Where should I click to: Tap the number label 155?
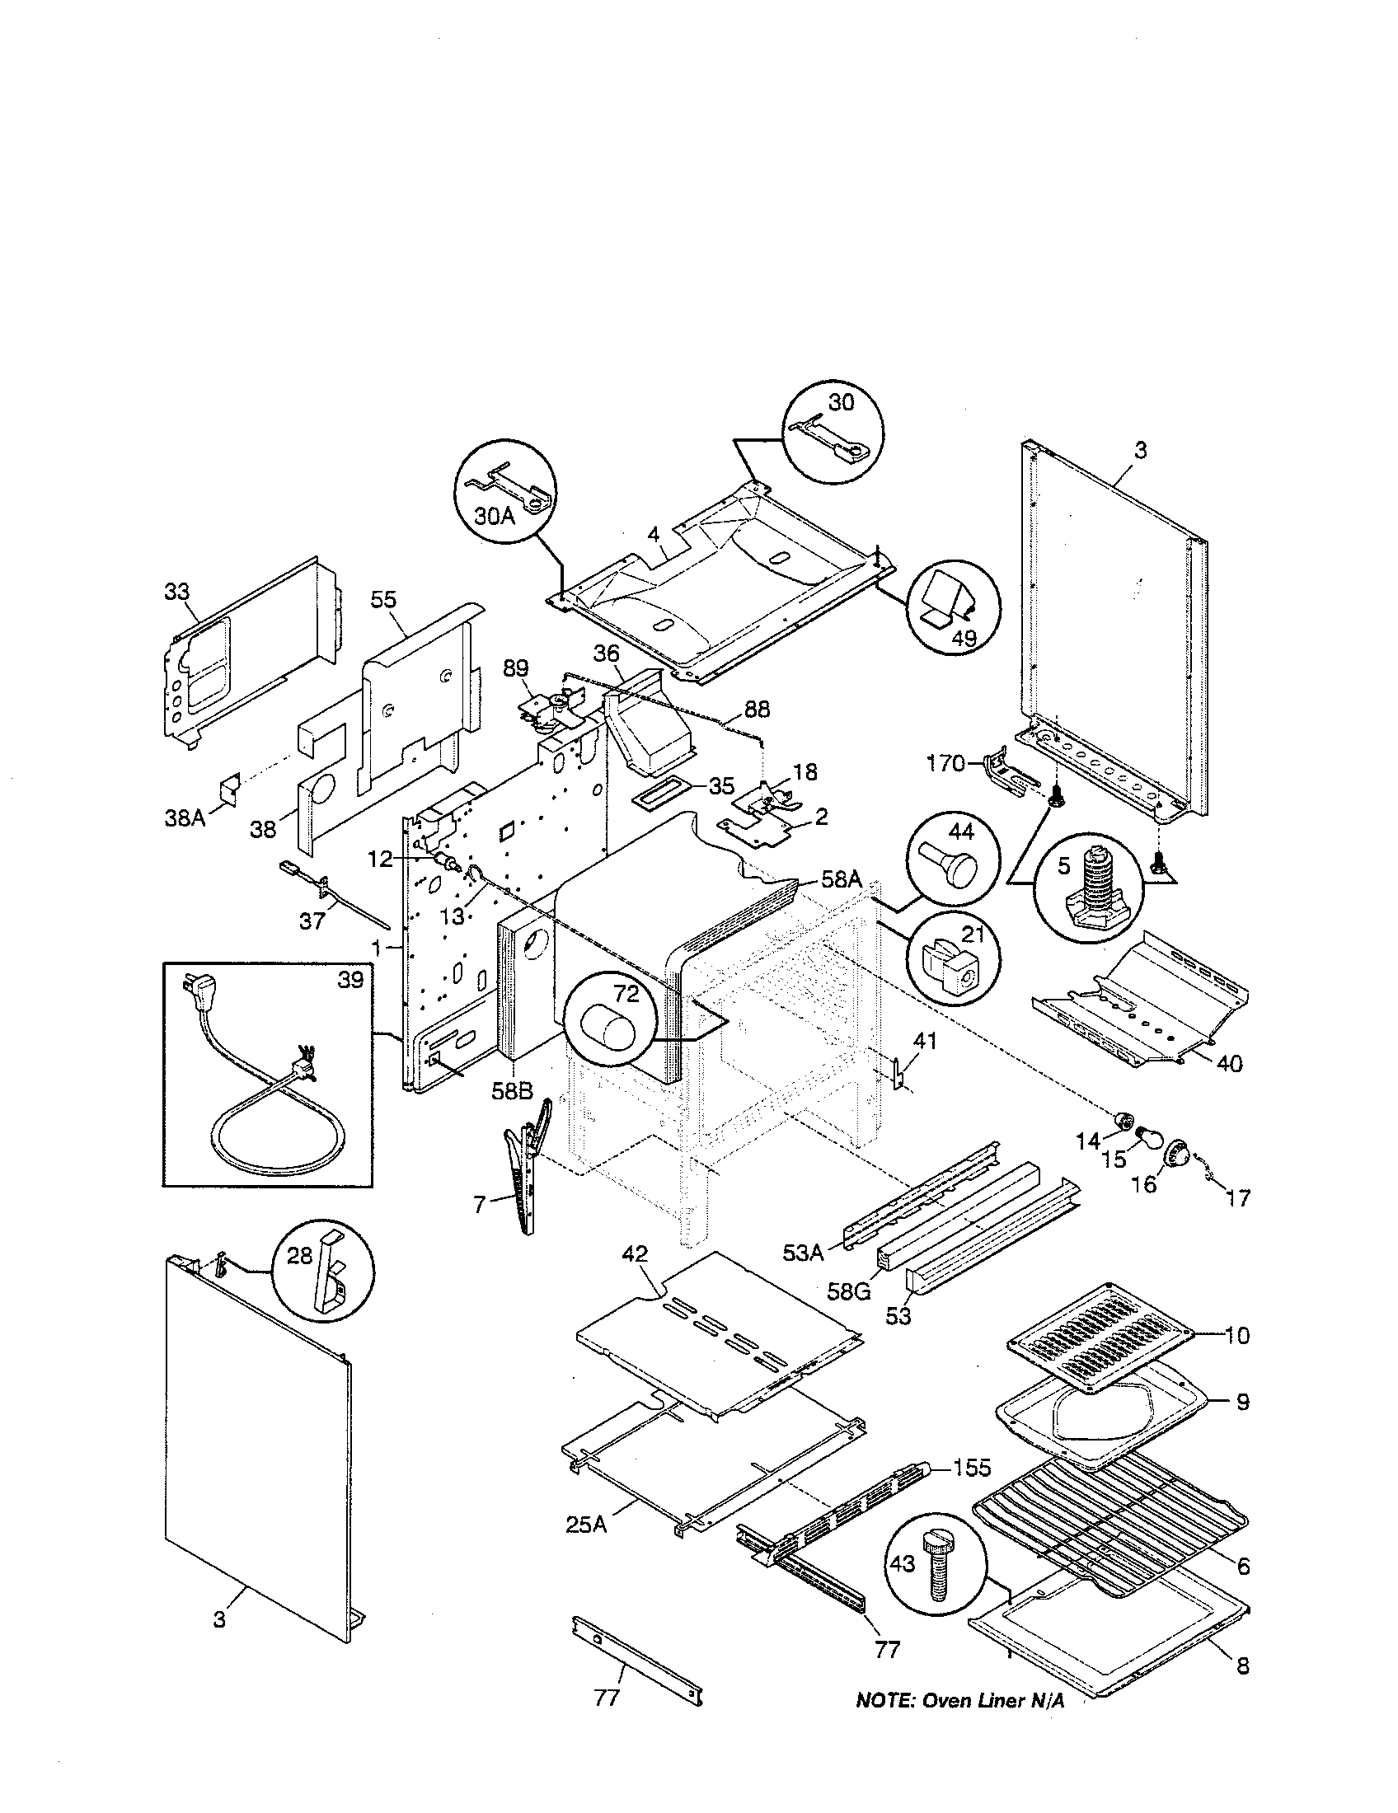[971, 1468]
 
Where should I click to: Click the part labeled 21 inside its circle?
[949, 963]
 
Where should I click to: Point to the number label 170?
[946, 762]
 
